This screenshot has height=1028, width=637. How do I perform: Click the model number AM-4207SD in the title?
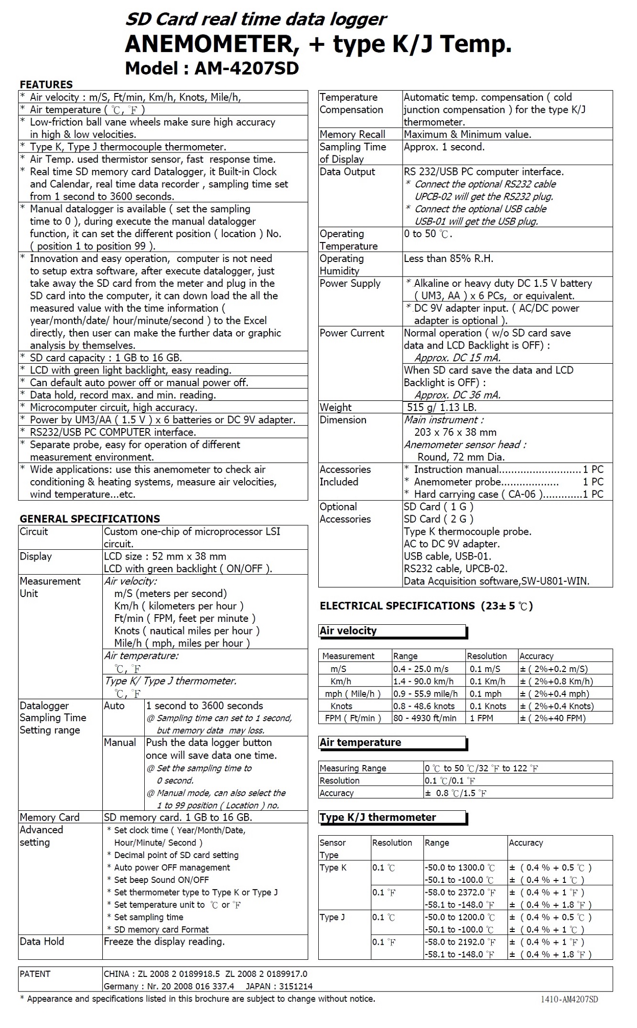coord(246,69)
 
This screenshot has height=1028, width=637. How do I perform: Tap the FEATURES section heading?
coord(46,84)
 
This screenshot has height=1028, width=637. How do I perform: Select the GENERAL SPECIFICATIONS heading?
coord(90,519)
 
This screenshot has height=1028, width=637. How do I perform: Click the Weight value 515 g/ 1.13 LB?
coord(442,408)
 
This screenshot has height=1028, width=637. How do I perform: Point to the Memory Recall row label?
coord(352,134)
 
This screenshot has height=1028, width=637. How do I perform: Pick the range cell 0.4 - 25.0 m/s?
coord(421,669)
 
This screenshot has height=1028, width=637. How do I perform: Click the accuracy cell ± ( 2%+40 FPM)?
coord(553,718)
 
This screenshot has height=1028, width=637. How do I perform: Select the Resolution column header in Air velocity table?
coord(486,656)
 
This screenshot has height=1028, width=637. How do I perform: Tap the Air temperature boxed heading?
coord(361,742)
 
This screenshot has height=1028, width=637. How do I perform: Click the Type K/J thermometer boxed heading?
coord(378,817)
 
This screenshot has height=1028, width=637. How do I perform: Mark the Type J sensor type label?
coord(332,917)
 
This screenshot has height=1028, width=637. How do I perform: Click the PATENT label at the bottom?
coord(35,974)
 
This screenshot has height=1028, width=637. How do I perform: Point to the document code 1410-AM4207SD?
coord(569,999)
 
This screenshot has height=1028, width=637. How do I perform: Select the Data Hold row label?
coord(42,941)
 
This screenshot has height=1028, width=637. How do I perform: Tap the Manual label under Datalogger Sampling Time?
coord(120,743)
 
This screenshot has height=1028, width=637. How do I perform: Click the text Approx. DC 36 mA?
coord(457,395)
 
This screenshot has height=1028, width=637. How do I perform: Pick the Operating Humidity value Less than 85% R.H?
coord(448,259)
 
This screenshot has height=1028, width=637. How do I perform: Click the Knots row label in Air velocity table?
coord(341,706)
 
